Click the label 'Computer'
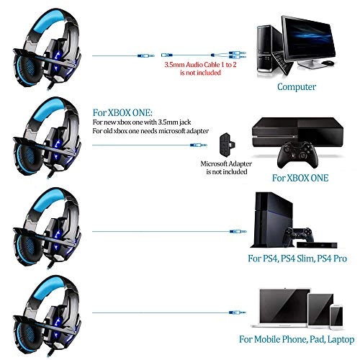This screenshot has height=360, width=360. [x=297, y=86]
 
